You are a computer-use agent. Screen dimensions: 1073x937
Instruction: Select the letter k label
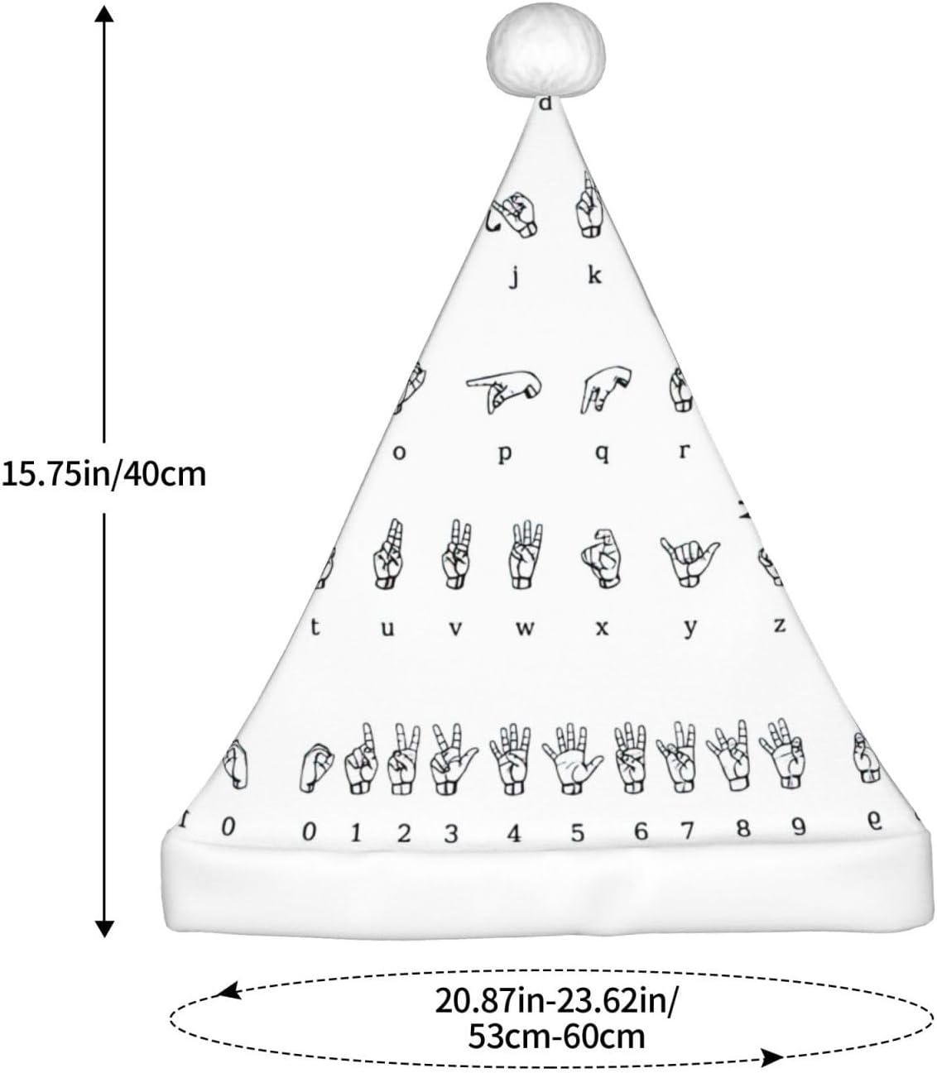[594, 275]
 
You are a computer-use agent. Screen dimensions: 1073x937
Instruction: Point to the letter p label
[505, 454]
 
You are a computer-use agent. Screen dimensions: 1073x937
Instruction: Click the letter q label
[602, 453]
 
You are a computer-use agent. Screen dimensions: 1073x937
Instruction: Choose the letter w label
[525, 628]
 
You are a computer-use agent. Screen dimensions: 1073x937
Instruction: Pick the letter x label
[602, 628]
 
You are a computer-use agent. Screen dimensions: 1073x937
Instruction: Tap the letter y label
[690, 629]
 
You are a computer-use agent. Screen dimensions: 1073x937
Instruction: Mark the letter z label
[779, 625]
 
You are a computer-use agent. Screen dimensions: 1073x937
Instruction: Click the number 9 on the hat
[798, 827]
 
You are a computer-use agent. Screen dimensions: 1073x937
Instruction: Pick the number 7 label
[687, 830]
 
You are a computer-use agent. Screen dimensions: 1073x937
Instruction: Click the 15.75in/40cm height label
[103, 475]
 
